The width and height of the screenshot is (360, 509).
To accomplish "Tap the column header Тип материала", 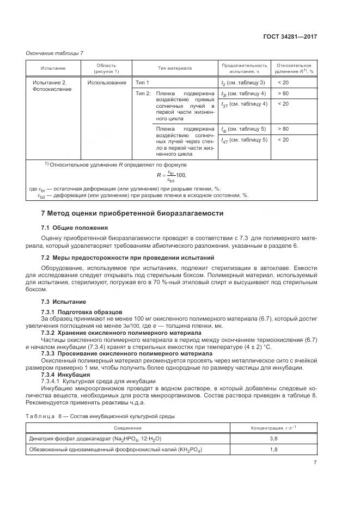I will click(175, 68).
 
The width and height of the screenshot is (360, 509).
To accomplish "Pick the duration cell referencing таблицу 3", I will click(243, 82).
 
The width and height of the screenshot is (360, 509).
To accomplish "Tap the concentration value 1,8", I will click(274, 449).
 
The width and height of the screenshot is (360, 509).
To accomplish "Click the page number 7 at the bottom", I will click(315, 463).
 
